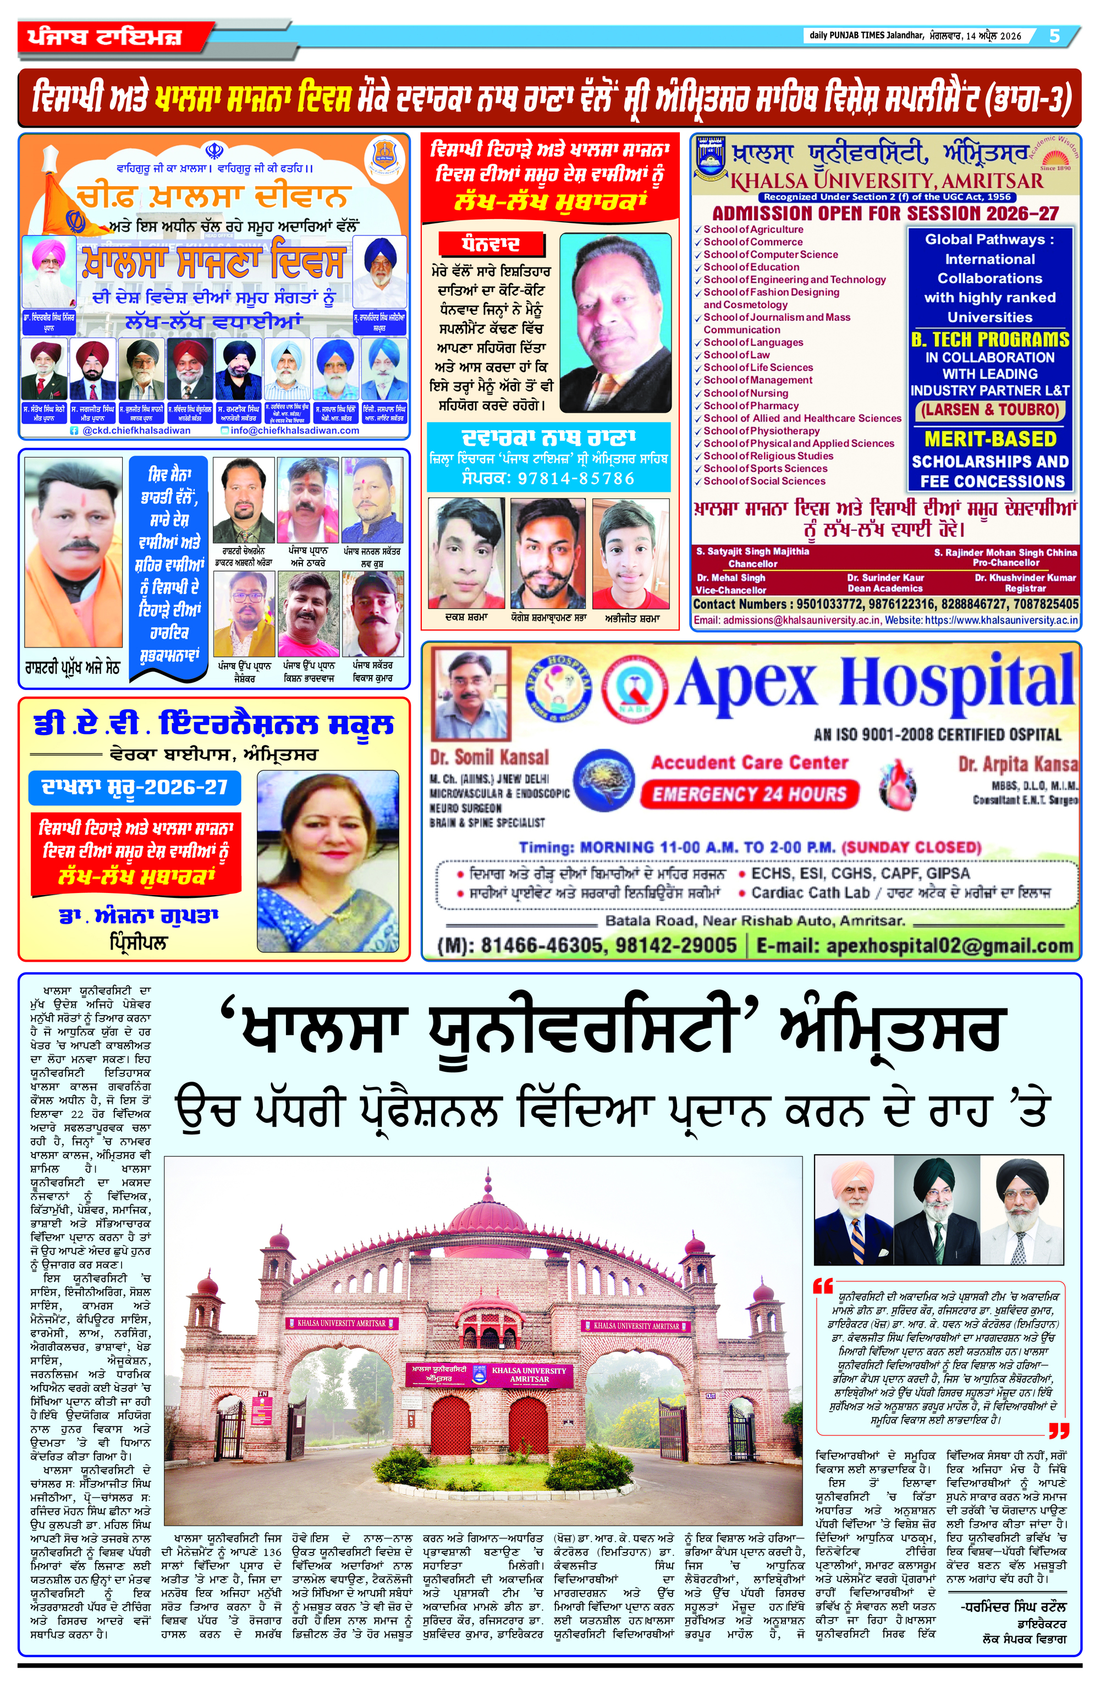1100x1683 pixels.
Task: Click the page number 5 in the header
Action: pos(1054,35)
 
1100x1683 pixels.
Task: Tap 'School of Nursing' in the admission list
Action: pos(745,393)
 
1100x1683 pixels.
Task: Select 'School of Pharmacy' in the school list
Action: pos(750,406)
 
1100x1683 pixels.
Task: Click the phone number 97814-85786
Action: pos(576,479)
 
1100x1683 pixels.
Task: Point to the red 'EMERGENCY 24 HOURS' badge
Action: pos(749,794)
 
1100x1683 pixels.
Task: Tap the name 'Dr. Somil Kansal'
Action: pos(489,758)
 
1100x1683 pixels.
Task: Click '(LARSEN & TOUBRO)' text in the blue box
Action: pos(989,410)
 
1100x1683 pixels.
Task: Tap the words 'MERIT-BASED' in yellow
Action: pos(989,439)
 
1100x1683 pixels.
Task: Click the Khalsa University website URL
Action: pos(1001,620)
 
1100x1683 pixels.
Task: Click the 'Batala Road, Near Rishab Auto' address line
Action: pos(754,920)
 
